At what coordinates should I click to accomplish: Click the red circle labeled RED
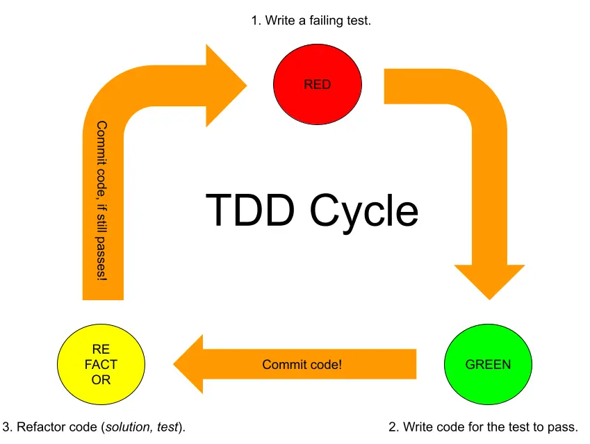[318, 85]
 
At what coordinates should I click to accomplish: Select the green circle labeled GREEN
[487, 364]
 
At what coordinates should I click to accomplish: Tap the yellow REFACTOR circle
[101, 364]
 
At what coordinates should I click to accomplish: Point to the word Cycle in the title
[365, 209]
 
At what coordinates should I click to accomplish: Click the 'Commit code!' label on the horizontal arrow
[302, 364]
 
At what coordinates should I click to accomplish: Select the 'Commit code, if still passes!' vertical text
[102, 201]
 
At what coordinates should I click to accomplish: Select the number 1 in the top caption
[255, 21]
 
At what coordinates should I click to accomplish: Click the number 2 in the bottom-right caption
[393, 427]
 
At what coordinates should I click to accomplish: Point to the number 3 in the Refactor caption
[7, 427]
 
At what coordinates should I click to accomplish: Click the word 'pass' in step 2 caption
[561, 427]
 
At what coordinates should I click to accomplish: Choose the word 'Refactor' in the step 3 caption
[39, 427]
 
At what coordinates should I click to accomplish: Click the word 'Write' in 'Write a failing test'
[279, 21]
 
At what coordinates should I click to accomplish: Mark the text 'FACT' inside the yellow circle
[101, 364]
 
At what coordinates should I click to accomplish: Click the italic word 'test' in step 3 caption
[166, 427]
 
